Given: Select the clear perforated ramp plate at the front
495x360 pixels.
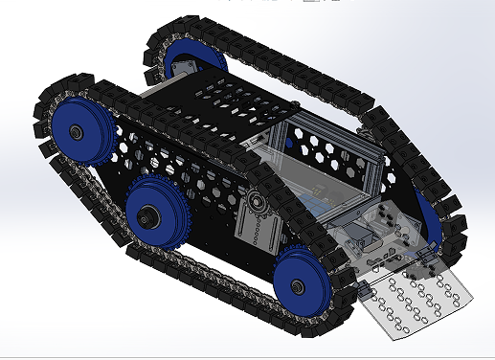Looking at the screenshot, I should (x=417, y=302).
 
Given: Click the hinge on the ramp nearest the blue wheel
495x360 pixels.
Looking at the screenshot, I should (x=361, y=287).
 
